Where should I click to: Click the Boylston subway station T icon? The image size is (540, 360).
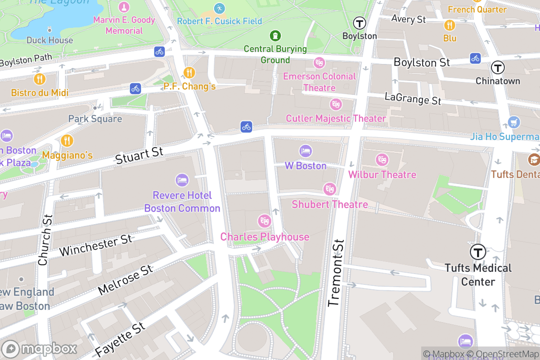click(x=359, y=23)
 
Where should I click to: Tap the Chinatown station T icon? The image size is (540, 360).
click(x=498, y=68)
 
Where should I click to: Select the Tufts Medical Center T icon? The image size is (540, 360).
click(x=478, y=252)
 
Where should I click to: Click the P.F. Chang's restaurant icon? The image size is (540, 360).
click(x=189, y=72)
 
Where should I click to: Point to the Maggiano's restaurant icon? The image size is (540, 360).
click(x=67, y=141)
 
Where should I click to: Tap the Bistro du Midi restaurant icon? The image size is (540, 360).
click(x=40, y=79)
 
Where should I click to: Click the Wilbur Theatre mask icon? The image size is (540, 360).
click(x=382, y=160)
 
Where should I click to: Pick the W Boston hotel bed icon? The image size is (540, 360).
click(x=306, y=151)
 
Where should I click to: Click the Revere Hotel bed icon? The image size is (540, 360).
click(x=182, y=180)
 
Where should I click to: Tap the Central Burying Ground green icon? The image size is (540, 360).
click(x=275, y=35)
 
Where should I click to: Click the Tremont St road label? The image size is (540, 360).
click(x=336, y=273)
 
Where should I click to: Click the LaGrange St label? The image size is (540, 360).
click(x=413, y=99)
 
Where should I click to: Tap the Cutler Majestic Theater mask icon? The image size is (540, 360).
click(x=335, y=105)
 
